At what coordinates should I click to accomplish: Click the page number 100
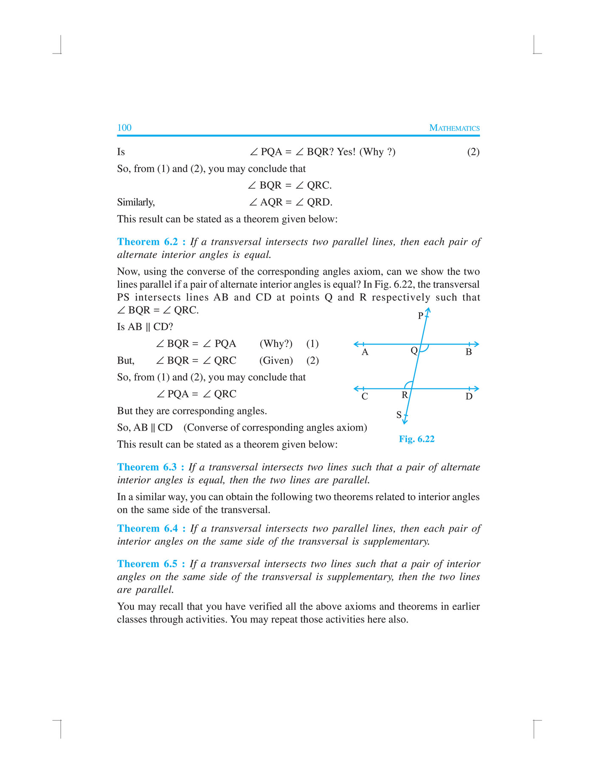(x=124, y=127)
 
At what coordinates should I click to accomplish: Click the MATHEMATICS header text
(x=454, y=128)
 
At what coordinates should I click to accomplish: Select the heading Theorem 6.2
(x=151, y=242)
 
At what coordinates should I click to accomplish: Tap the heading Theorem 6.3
(x=150, y=467)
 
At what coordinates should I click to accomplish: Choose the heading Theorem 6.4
(x=151, y=528)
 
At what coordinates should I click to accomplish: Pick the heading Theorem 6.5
(x=151, y=563)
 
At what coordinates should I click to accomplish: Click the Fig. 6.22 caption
(x=416, y=439)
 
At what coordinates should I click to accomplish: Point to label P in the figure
(x=420, y=316)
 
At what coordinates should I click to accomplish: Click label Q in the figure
(x=414, y=351)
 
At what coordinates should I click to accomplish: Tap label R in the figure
(x=405, y=395)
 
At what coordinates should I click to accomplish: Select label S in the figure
(x=399, y=414)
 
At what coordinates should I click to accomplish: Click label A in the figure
(x=365, y=352)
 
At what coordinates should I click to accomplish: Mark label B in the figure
(x=469, y=352)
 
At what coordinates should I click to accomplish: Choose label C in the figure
(x=365, y=396)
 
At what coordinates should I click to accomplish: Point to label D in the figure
(x=469, y=396)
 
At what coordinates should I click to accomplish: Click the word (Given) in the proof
(x=276, y=360)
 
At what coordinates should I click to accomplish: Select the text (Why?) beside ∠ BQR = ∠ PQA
(x=276, y=343)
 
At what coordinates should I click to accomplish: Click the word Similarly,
(x=136, y=202)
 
